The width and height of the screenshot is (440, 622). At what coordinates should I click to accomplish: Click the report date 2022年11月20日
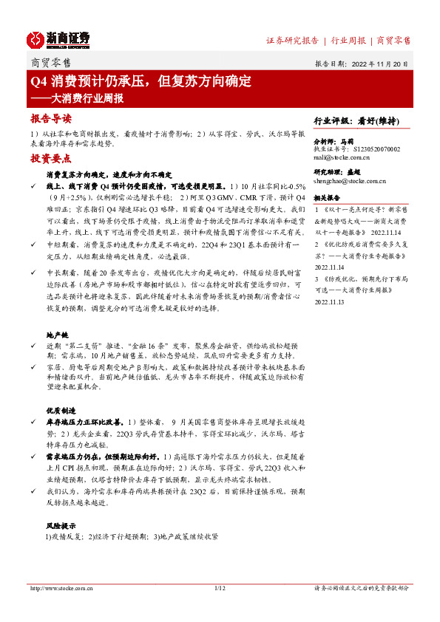[377, 64]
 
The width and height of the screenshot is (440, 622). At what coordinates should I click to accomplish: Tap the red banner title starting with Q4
[141, 81]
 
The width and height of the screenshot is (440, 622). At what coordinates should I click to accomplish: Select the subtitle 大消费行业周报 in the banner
[81, 98]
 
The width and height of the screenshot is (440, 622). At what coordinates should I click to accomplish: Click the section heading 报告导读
[51, 119]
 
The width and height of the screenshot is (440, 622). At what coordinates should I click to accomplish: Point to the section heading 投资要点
[51, 159]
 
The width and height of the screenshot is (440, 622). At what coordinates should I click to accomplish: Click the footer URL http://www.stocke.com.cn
[59, 588]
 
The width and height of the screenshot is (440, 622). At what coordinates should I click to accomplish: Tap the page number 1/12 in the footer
[219, 588]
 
